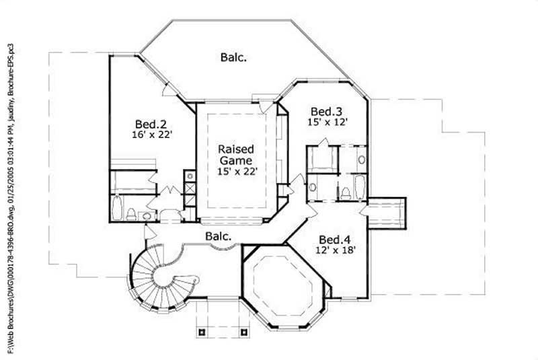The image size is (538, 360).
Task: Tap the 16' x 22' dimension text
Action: coord(153,135)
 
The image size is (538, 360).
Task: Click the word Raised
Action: coord(235,150)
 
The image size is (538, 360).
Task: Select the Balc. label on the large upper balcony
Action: coord(233,57)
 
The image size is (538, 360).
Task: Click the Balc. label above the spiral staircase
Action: coord(219,236)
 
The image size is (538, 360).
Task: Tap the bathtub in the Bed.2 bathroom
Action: coord(118,209)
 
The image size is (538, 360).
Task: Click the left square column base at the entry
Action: coord(201,331)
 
